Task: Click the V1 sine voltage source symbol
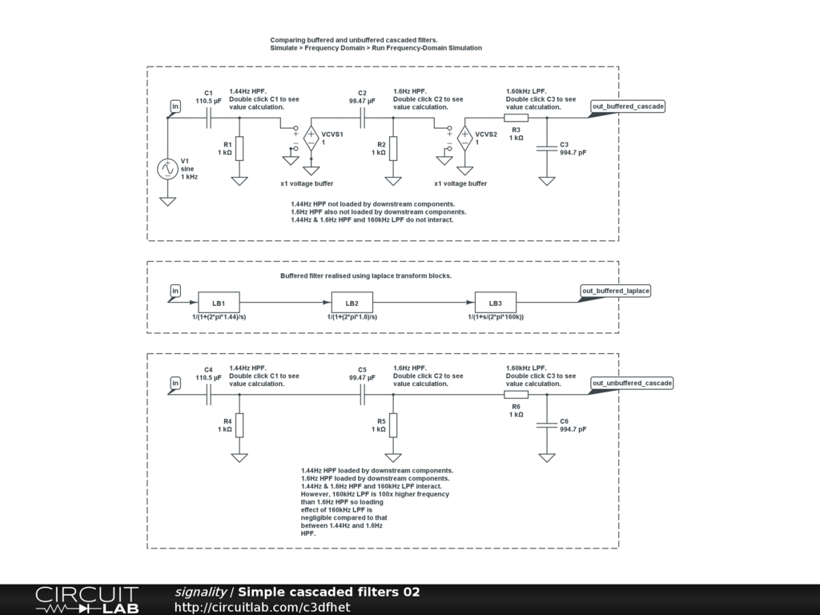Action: (x=167, y=169)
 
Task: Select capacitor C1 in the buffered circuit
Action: (x=209, y=118)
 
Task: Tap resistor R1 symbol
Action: (x=239, y=148)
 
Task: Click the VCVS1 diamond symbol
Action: (x=312, y=139)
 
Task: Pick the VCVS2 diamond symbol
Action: (x=465, y=139)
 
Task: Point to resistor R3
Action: (x=517, y=118)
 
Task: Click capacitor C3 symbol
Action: (x=547, y=148)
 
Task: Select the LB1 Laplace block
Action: (x=219, y=303)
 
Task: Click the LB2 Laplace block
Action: (x=352, y=303)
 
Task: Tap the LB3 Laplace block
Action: (x=495, y=303)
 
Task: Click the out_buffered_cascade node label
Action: (x=628, y=107)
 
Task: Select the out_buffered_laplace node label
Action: (x=616, y=291)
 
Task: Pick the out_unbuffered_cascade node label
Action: (x=632, y=383)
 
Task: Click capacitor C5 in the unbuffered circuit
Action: (x=363, y=394)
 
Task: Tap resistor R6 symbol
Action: (x=517, y=394)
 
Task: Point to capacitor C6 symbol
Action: (x=547, y=425)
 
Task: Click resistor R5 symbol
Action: (x=393, y=425)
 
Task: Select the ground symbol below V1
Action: (x=167, y=201)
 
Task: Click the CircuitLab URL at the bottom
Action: (x=263, y=607)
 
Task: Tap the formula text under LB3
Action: (x=496, y=317)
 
